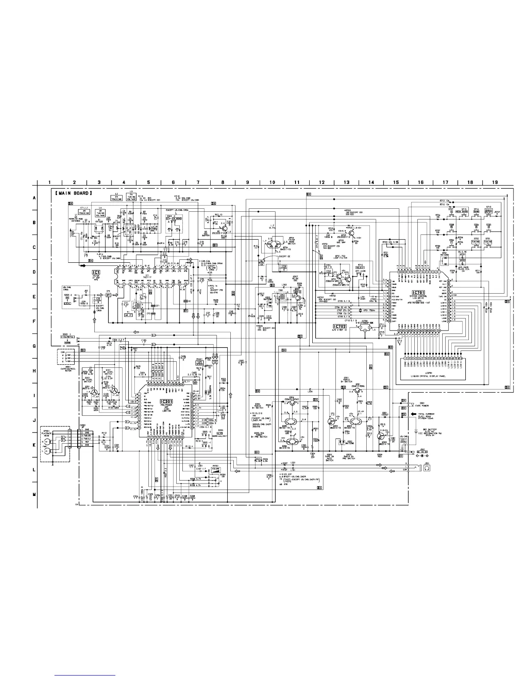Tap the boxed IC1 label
tap(96, 272)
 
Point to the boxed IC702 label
tap(330, 326)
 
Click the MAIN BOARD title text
tap(73, 193)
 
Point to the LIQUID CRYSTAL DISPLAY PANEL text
tap(433, 376)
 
